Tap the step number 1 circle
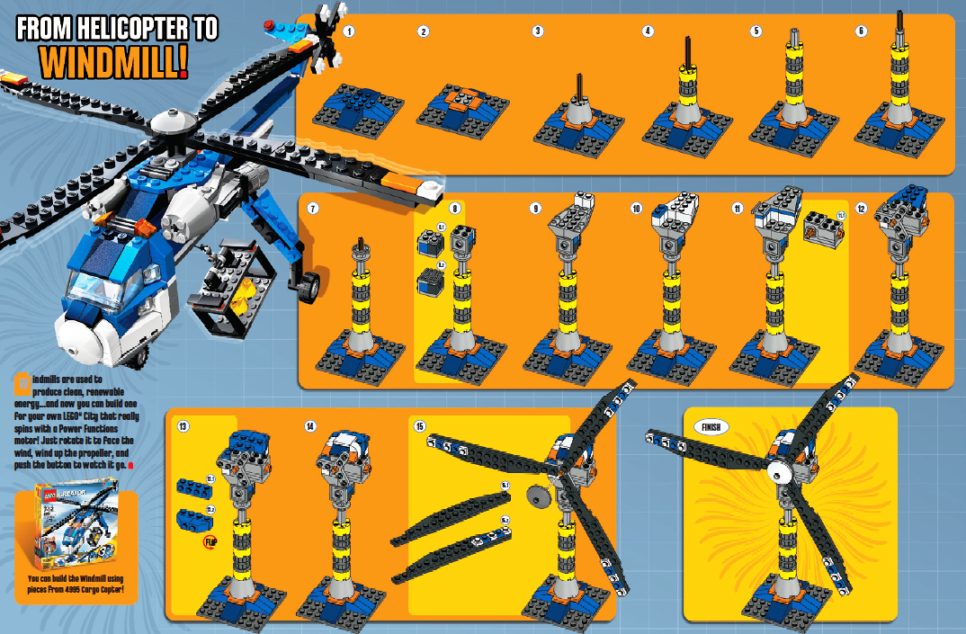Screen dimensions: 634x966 (x=349, y=31)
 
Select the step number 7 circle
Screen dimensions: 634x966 (x=313, y=209)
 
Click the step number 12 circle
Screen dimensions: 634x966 (x=861, y=209)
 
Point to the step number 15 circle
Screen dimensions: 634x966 (x=419, y=425)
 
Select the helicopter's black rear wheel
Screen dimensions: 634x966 (x=310, y=286)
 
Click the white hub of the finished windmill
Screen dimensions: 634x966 (x=774, y=468)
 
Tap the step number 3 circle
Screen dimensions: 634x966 (x=538, y=31)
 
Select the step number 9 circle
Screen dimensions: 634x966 (x=536, y=209)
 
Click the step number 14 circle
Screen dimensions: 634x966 (x=310, y=425)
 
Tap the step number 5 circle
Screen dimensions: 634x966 (x=756, y=31)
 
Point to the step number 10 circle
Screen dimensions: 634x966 (x=637, y=209)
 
